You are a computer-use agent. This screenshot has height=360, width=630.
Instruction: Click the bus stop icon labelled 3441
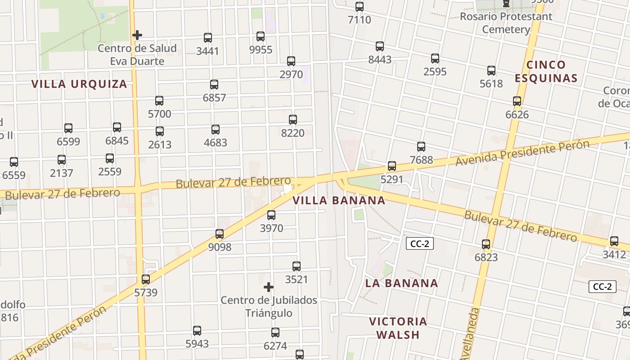(208, 38)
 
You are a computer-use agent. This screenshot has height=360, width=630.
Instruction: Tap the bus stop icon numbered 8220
(293, 120)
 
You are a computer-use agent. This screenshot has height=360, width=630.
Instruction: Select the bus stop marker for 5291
(392, 166)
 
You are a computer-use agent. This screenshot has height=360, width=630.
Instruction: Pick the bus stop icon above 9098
(220, 234)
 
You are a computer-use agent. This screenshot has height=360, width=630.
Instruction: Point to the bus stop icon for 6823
(486, 244)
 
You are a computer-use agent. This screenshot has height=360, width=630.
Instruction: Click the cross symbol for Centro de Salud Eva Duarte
(137, 35)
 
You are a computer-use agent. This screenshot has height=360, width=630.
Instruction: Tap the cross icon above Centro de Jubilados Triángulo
(269, 287)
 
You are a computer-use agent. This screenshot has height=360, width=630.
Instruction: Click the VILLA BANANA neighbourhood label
(339, 201)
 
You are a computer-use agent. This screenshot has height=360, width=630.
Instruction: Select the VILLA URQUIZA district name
(79, 84)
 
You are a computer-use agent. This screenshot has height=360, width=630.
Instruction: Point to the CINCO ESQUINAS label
(546, 72)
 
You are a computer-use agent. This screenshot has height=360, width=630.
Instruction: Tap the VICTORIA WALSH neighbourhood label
(398, 328)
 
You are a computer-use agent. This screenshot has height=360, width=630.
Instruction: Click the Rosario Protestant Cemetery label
(506, 23)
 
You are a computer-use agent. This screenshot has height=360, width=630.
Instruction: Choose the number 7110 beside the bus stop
(360, 20)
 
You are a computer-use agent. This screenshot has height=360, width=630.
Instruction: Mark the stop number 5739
(146, 293)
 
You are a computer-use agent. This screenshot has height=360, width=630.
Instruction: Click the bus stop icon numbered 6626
(517, 101)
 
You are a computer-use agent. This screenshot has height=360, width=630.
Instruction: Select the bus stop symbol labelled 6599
(68, 128)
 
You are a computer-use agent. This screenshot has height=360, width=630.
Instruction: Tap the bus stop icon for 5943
(197, 331)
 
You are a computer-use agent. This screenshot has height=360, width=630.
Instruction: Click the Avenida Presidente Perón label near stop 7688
(522, 153)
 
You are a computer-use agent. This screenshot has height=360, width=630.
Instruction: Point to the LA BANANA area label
(401, 283)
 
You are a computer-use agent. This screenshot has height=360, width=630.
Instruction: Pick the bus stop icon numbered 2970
(291, 61)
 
